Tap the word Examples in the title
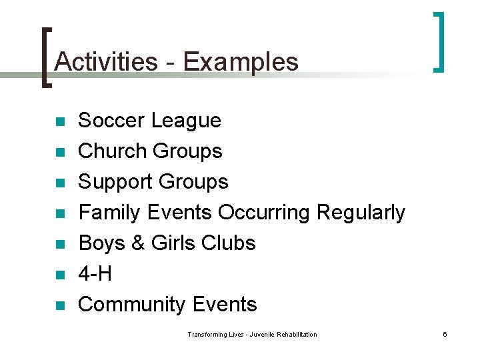(241, 61)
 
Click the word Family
(110, 213)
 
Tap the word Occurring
(264, 213)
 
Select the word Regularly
(361, 213)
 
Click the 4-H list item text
(95, 274)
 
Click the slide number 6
(445, 334)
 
